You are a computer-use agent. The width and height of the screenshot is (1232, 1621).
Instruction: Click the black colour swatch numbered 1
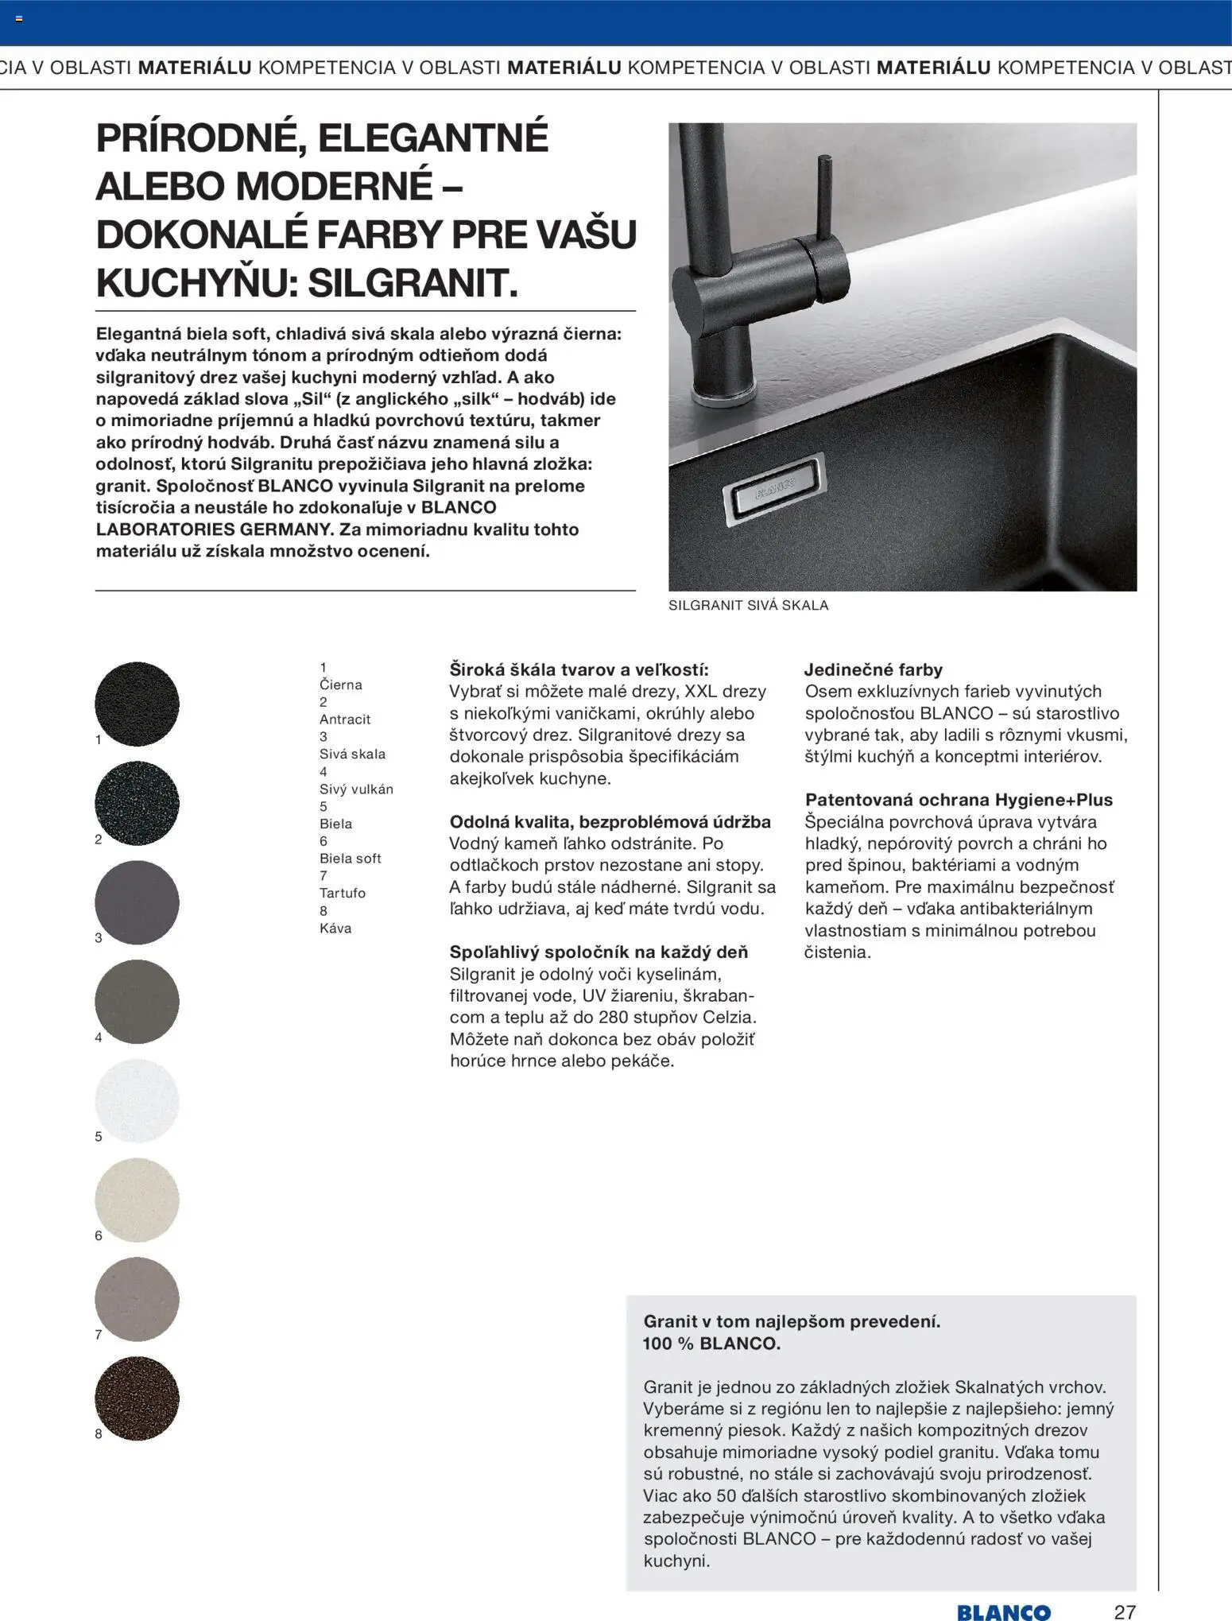point(137,704)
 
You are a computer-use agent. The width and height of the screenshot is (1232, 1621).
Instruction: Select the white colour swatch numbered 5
point(137,1100)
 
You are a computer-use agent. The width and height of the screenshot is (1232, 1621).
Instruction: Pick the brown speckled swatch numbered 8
point(137,1398)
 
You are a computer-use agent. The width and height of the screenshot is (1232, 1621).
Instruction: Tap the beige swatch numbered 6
point(137,1200)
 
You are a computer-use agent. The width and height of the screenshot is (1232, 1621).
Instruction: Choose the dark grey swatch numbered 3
point(137,902)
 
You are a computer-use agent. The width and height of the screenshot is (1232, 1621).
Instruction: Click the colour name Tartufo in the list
point(343,893)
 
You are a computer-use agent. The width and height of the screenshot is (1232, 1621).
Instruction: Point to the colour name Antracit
point(345,719)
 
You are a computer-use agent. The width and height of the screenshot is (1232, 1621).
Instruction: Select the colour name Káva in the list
point(335,928)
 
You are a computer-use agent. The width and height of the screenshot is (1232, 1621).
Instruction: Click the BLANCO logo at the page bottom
point(1003,1611)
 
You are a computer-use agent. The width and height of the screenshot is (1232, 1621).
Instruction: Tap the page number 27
point(1125,1611)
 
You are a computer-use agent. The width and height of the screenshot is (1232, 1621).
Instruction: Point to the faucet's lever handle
point(826,199)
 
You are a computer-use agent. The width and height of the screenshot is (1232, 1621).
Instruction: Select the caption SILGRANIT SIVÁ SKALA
point(748,605)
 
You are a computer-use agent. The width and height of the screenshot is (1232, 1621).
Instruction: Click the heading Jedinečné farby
point(873,669)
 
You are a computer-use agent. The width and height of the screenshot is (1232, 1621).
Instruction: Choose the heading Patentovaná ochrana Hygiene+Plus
point(959,800)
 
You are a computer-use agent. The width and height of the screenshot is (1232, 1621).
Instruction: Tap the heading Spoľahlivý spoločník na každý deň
point(599,952)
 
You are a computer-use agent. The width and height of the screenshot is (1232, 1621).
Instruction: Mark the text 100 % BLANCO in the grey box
point(711,1344)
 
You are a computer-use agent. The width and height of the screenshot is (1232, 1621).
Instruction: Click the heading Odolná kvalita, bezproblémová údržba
point(610,821)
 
